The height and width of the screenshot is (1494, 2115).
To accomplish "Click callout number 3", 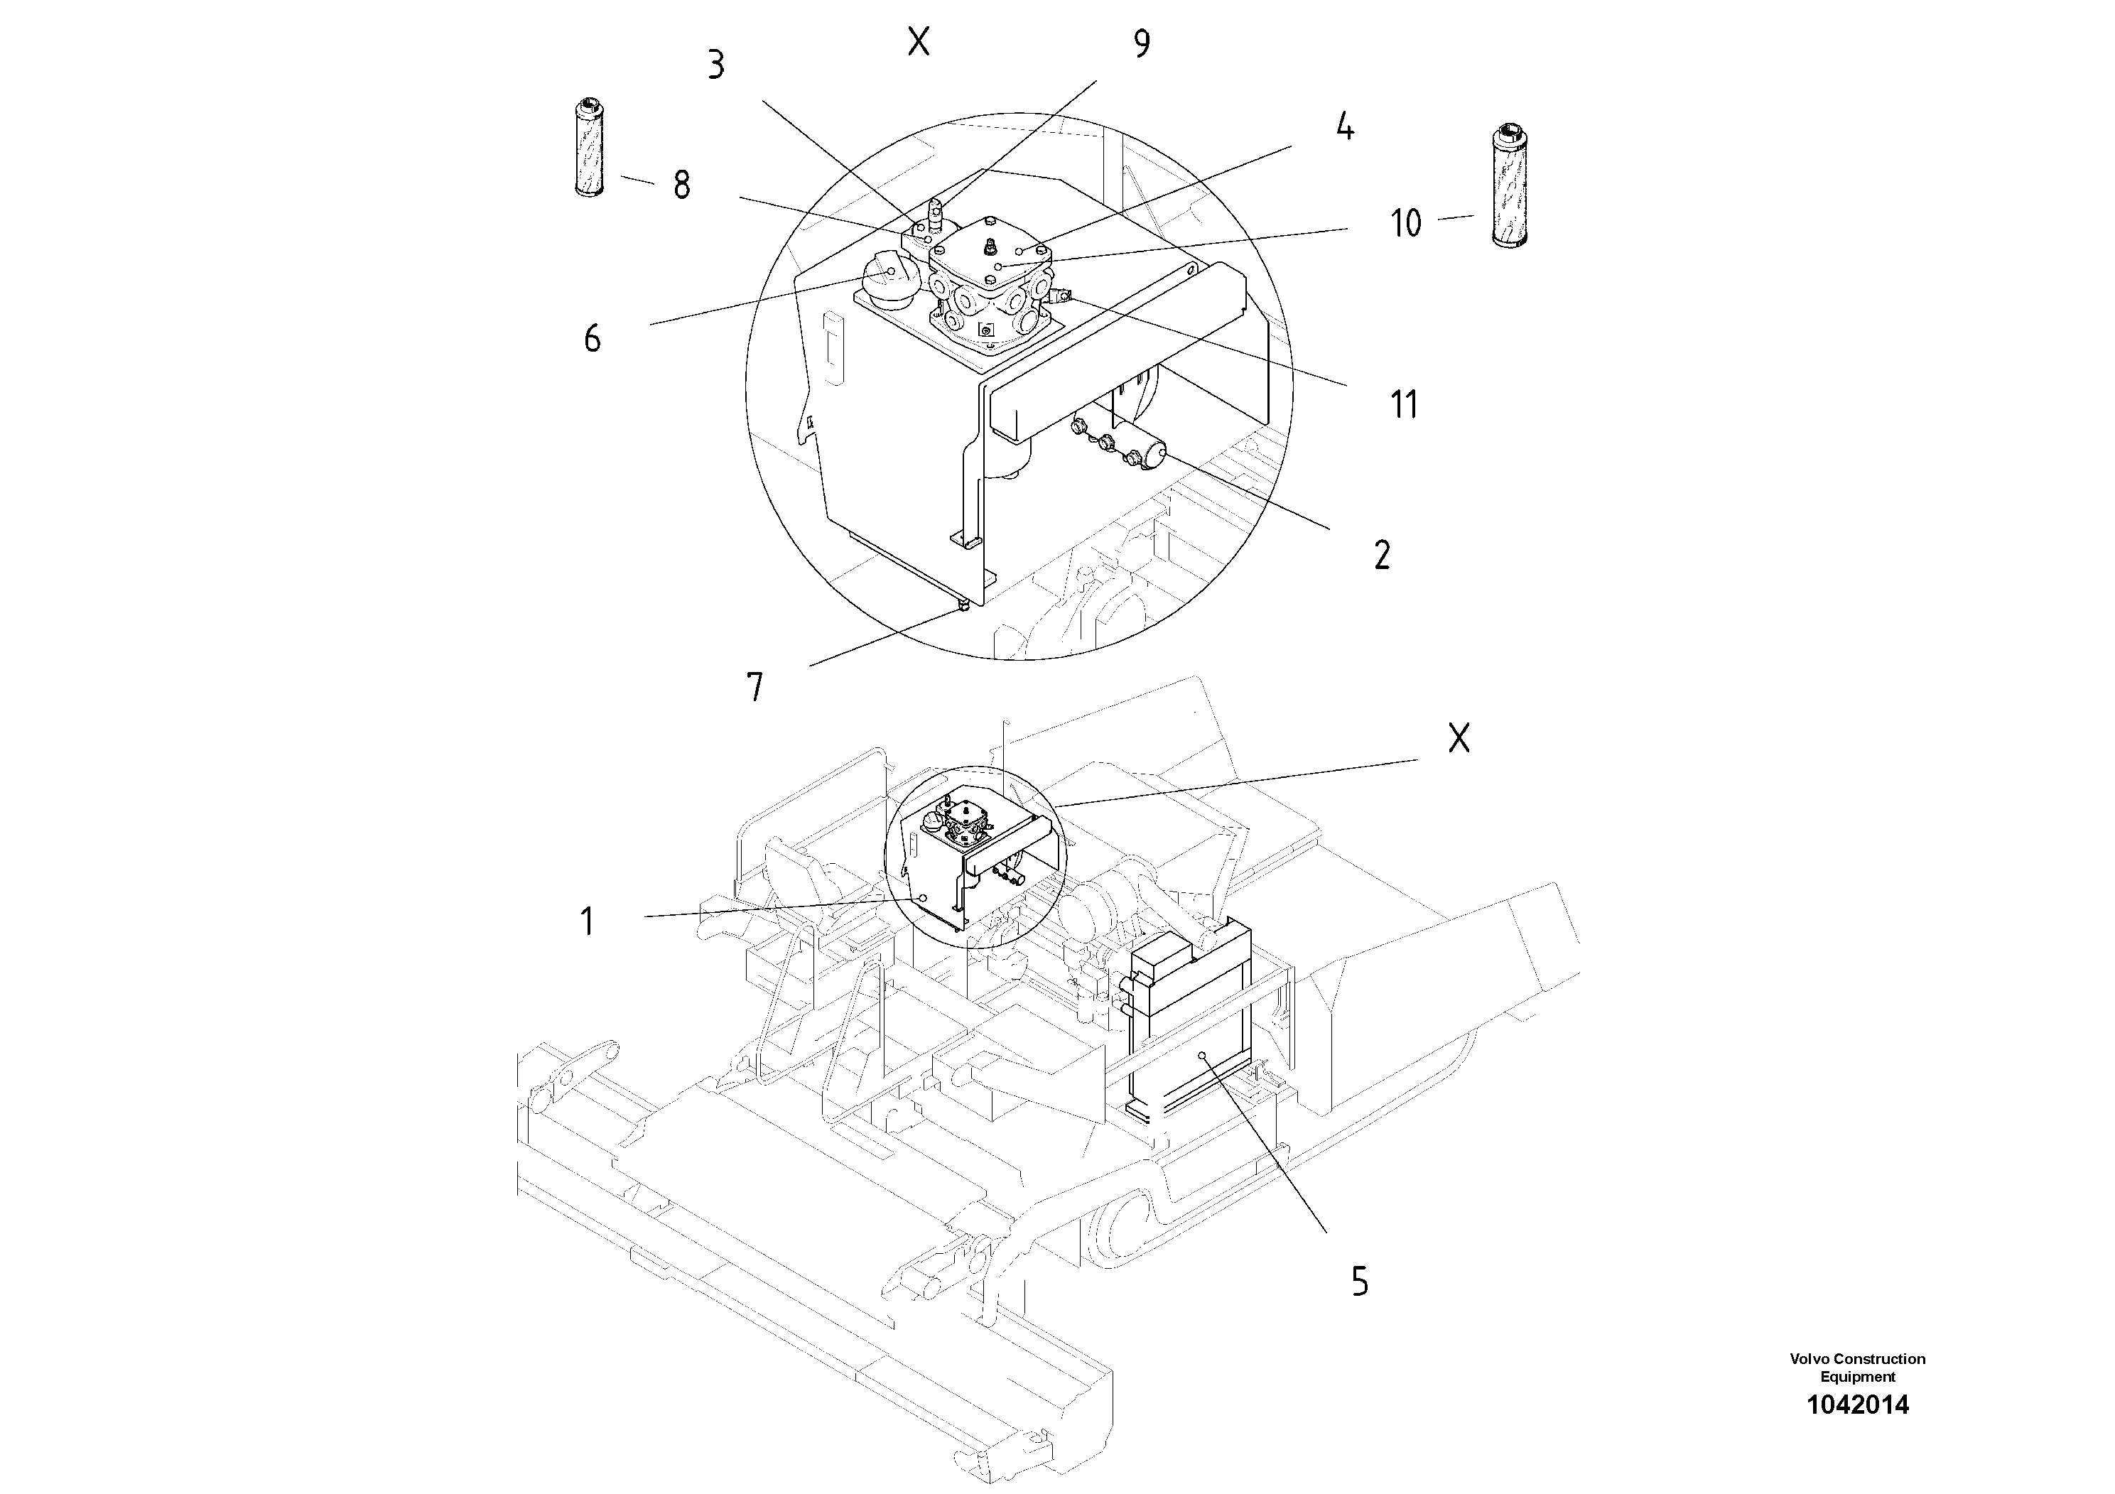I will point(715,65).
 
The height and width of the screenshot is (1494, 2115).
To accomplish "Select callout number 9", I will point(1141,43).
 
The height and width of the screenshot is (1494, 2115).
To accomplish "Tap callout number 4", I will point(1345,126).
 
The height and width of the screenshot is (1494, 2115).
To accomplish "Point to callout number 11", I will point(1404,404).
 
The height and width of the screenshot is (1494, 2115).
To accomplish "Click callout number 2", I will point(1382,556).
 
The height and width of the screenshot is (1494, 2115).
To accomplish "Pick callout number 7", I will point(755,686).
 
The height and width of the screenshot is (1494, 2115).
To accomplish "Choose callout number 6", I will point(593,339).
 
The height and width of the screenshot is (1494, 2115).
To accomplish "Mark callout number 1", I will point(588,921).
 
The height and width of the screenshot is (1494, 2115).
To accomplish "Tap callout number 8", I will point(681,185).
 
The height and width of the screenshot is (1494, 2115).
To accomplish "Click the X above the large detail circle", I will point(919,41).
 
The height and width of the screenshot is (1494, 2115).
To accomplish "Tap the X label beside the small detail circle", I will point(1459,738).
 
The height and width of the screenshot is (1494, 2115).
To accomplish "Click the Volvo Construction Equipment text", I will point(1857,1367).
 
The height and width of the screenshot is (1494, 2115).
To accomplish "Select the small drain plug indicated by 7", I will point(961,606).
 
